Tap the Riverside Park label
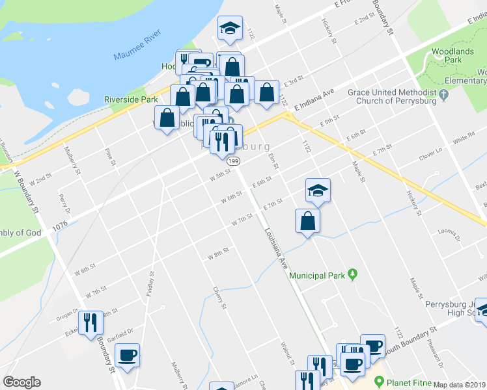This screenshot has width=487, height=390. [131, 100]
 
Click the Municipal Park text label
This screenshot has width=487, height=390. [317, 276]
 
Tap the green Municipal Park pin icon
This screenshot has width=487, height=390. [353, 275]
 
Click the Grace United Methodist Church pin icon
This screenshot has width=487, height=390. [445, 96]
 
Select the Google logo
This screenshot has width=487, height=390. [21, 382]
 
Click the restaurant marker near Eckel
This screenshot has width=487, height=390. [90, 322]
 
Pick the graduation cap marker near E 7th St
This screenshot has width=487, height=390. [318, 190]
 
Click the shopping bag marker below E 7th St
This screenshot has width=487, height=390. [307, 221]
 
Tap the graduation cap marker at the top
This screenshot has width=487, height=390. [229, 27]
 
